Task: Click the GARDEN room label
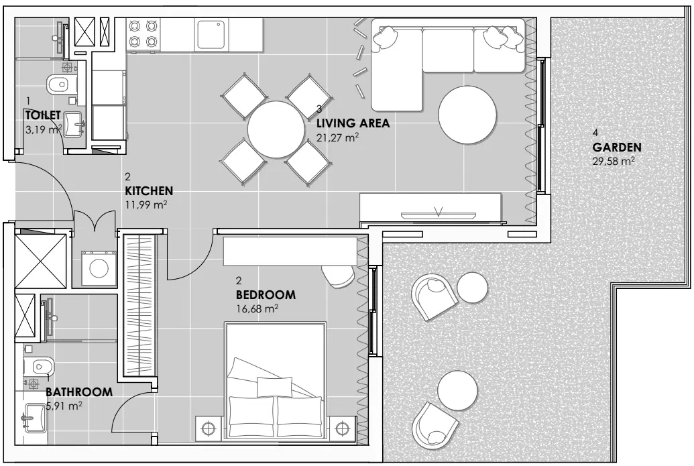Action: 616,147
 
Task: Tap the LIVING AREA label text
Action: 353,123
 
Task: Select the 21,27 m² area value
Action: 337,137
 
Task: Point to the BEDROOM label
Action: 266,294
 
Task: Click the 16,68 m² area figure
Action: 257,308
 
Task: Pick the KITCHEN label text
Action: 149,190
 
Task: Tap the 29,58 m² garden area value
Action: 614,161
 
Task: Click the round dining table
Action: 276,129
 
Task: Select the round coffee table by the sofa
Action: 467,114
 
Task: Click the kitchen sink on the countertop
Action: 212,34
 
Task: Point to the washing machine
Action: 99,268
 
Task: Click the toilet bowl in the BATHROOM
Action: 39,366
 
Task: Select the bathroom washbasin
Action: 34,417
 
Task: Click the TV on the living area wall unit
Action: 439,215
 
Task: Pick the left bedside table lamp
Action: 208,428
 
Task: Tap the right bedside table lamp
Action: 342,428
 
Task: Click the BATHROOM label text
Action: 78,392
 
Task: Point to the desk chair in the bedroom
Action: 338,276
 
